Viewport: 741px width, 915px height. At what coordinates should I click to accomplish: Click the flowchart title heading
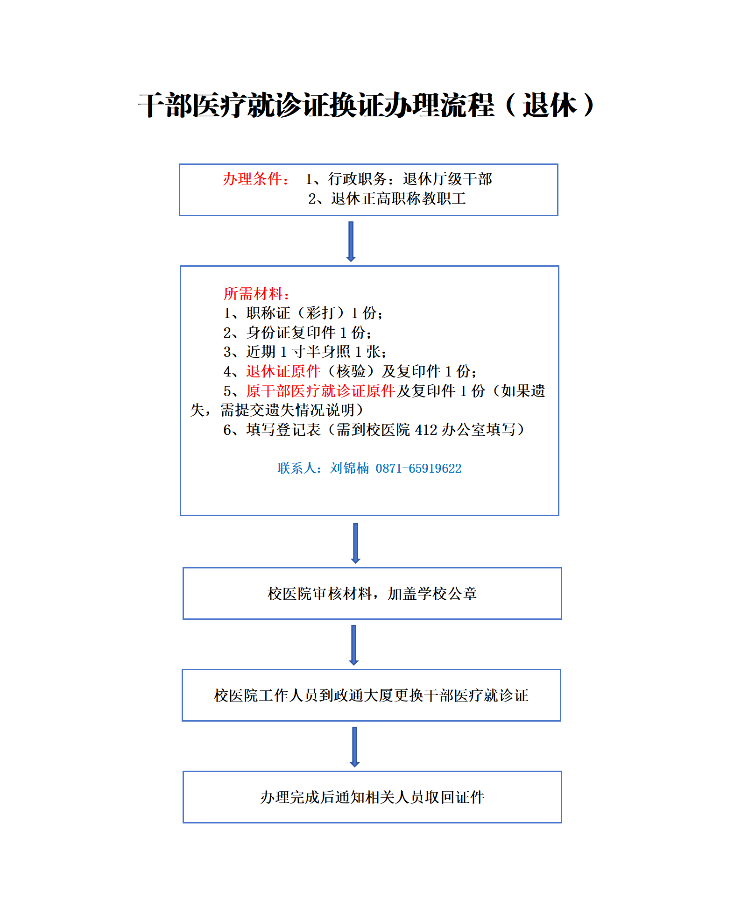click(x=366, y=105)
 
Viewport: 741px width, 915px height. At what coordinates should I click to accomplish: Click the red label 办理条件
click(x=253, y=179)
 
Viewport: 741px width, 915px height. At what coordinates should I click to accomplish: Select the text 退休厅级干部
click(x=447, y=179)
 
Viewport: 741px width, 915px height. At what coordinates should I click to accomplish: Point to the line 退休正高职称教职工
click(x=387, y=199)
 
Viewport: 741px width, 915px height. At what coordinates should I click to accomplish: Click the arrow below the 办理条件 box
click(x=351, y=241)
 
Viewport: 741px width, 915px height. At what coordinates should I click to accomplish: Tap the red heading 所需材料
click(x=254, y=294)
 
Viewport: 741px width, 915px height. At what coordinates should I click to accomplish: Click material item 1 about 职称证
click(x=303, y=313)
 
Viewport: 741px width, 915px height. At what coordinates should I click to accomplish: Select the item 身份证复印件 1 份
click(x=297, y=333)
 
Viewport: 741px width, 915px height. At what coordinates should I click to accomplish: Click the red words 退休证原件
click(x=283, y=371)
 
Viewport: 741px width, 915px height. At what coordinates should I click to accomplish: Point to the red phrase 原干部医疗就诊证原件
click(x=321, y=391)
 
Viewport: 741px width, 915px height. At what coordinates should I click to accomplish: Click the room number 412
click(x=426, y=430)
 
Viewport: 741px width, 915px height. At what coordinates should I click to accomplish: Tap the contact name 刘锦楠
click(x=349, y=468)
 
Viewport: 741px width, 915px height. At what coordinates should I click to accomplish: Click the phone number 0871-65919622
click(x=418, y=468)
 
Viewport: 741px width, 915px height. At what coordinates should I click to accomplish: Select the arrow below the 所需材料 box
click(x=356, y=543)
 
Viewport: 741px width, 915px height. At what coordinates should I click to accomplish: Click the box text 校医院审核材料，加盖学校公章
click(x=372, y=594)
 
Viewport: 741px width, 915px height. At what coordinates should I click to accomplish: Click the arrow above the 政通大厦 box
click(x=354, y=645)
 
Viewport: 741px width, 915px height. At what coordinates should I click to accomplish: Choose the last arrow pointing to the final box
click(x=355, y=747)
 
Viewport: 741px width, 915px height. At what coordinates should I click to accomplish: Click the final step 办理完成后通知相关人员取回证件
click(x=372, y=797)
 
